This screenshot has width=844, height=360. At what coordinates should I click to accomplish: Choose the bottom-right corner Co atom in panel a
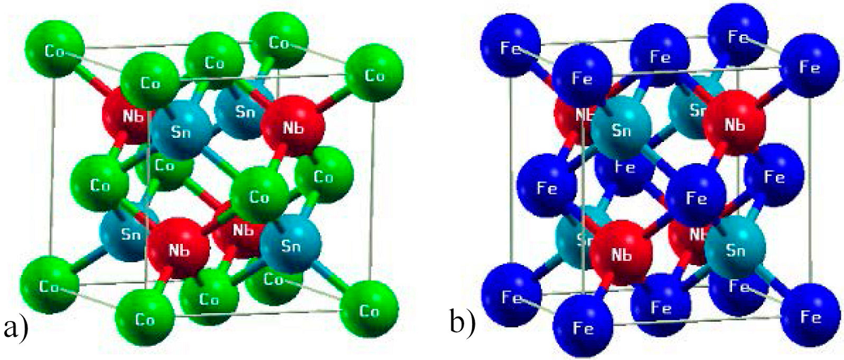coord(369,310)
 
